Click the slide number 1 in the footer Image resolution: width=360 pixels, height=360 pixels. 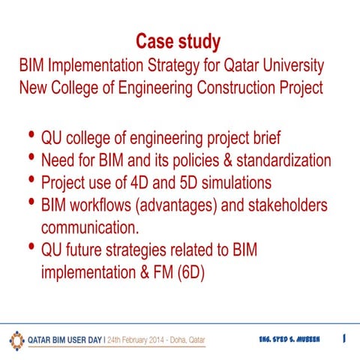343,339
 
